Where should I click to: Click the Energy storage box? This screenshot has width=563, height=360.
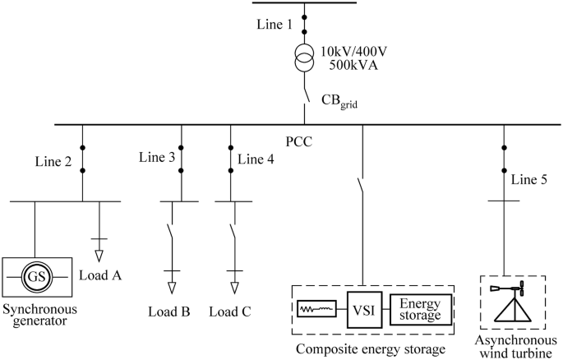(420, 309)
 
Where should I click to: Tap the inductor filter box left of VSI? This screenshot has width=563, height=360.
(316, 309)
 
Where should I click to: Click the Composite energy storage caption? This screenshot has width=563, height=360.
(372, 348)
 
